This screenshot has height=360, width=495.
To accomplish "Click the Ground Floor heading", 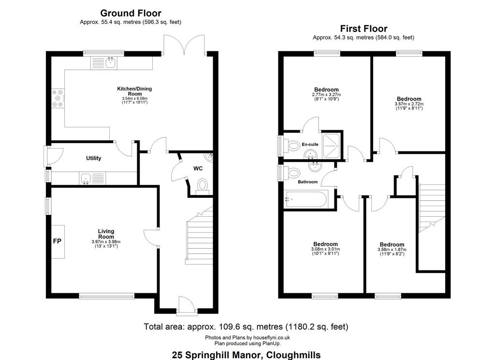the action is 131,13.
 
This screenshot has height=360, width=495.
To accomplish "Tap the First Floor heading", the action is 364,29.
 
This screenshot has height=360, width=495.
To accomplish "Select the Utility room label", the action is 93,158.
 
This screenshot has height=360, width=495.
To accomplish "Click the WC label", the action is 198,168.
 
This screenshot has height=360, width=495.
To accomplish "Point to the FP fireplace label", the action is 57,241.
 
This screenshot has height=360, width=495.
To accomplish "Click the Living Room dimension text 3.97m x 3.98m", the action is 106,242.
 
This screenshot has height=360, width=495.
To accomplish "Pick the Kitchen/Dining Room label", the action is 134,91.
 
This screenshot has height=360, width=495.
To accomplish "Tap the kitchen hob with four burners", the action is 58,98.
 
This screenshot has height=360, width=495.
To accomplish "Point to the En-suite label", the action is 310,145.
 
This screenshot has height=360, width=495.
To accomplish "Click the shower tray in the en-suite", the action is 332,146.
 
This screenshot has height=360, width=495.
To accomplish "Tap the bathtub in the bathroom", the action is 306,200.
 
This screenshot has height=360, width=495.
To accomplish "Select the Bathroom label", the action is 307,182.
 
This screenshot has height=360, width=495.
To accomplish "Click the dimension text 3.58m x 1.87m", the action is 392,250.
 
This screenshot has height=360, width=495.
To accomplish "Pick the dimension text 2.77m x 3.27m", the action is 326,94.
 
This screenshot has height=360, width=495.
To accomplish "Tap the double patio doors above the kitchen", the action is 184,45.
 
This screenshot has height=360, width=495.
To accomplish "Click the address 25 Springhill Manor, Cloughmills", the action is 246,355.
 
